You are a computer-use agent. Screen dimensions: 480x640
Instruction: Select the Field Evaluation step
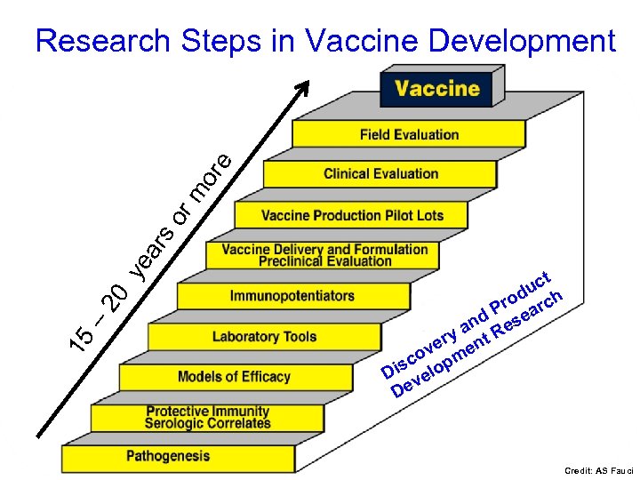coord(409,135)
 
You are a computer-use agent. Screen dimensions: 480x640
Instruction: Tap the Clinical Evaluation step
coord(380,173)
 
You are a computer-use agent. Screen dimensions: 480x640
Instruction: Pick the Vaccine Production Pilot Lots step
coord(352,215)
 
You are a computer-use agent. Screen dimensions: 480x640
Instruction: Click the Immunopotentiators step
coord(292,296)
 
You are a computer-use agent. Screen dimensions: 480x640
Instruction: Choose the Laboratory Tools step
coord(259,337)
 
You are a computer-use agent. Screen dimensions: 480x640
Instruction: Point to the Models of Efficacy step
coord(234,377)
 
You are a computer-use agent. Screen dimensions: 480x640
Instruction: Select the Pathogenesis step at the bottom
coord(168,456)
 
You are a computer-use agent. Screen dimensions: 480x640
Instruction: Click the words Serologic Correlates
coord(207,423)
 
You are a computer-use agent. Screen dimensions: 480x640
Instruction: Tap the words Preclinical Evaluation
coord(324,261)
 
